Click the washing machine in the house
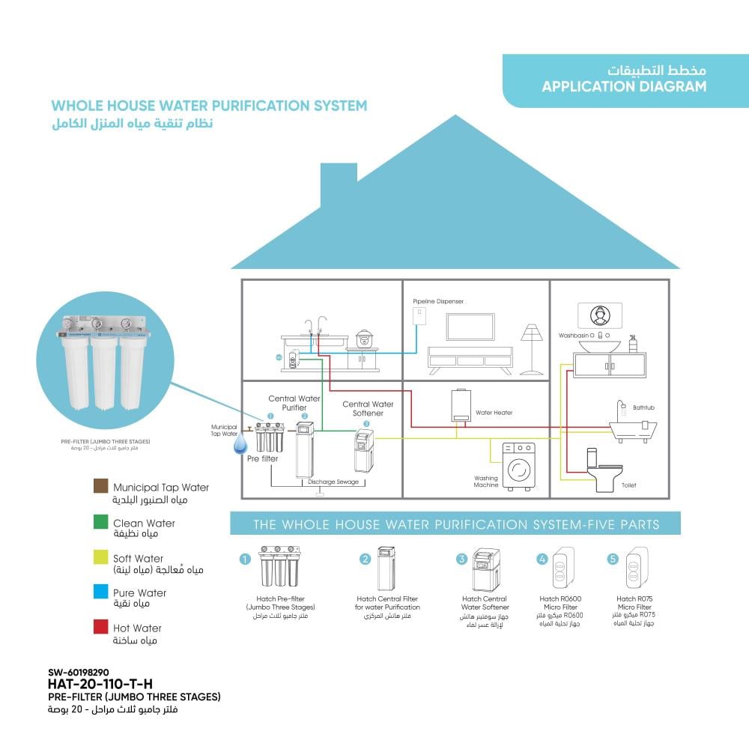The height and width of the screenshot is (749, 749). (x=518, y=466)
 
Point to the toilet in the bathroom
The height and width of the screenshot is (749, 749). (x=603, y=470)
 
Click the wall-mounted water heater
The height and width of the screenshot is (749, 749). (x=461, y=407)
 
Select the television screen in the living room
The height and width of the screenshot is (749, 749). (x=470, y=327)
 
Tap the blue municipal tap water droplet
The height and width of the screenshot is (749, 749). (x=239, y=446)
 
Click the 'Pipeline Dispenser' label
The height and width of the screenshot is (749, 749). (x=438, y=301)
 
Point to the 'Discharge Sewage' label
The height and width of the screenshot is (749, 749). (x=333, y=482)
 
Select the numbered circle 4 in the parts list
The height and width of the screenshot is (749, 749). (x=542, y=560)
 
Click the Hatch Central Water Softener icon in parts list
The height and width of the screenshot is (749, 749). (x=484, y=570)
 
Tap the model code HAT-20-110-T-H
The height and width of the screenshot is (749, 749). (x=100, y=683)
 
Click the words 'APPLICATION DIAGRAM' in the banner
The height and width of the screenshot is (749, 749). (x=624, y=86)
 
